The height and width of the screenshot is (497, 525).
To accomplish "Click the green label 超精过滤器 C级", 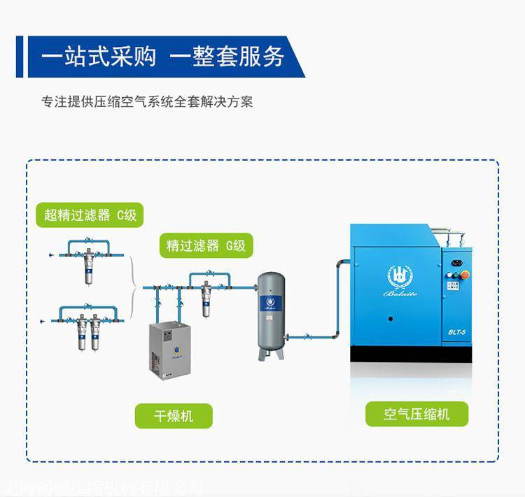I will tap(90, 215).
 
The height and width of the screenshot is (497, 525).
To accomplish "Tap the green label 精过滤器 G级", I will tap(206, 245).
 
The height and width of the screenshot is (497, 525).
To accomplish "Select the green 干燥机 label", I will tap(174, 417).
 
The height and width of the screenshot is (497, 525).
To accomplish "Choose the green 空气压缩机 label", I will tap(416, 414).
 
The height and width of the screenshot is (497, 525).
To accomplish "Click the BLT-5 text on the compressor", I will tap(458, 331).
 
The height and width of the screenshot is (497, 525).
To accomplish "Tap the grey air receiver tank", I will tap(271, 315).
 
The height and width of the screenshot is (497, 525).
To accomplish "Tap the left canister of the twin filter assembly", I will tap(83, 334).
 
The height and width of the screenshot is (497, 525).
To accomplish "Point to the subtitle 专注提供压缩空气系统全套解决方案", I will tap(147, 102).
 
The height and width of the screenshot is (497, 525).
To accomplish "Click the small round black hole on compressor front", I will tap(391, 319).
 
